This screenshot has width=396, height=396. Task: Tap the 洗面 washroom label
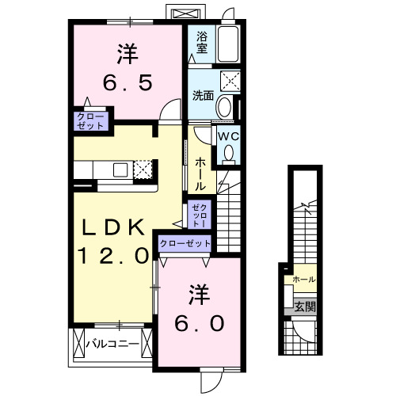tap(204, 97)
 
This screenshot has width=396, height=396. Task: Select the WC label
tap(228, 136)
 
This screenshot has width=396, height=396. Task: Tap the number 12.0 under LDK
tap(112, 255)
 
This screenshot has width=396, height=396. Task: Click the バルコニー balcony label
tap(112, 344)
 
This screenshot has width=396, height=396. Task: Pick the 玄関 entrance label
tap(304, 307)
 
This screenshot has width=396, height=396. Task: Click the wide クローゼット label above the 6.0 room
tap(185, 244)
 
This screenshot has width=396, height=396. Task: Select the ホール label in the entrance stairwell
tap(304, 280)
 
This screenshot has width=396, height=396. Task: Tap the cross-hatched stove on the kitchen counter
tap(143, 169)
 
